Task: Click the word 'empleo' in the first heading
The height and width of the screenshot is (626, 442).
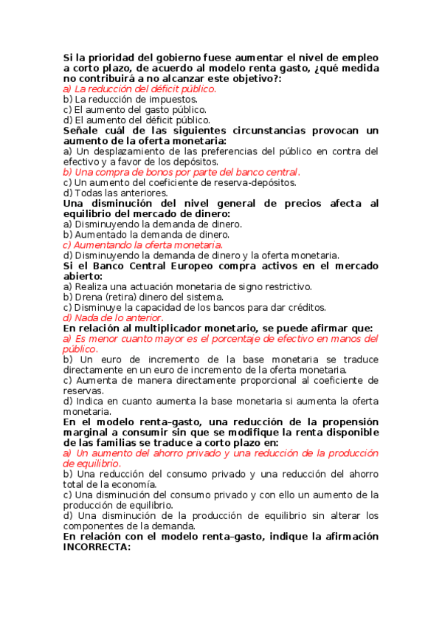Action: click(358, 57)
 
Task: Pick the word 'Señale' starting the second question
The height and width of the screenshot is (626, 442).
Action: click(83, 130)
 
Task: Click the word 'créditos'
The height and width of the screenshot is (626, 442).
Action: click(305, 307)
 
